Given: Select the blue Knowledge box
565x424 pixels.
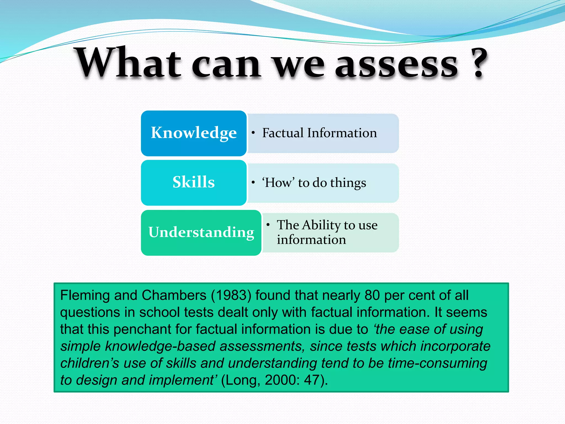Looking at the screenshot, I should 194,133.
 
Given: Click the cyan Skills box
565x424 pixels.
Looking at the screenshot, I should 194,182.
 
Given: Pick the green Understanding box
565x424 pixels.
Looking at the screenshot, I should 201,232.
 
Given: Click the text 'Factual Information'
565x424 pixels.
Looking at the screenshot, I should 319,133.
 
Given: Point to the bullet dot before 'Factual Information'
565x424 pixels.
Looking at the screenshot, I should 253,133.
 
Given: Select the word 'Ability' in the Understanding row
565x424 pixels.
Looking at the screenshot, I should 321,225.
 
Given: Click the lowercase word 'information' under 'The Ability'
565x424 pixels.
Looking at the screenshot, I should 311,240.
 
